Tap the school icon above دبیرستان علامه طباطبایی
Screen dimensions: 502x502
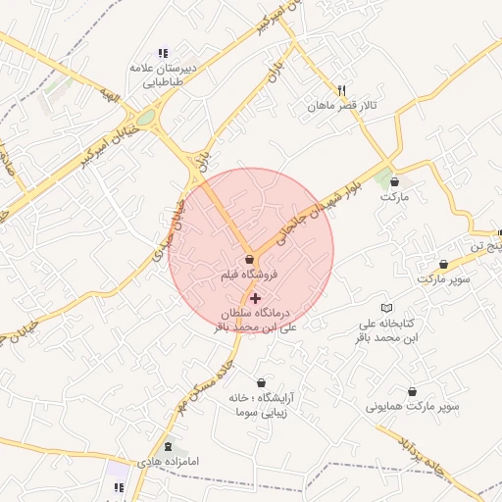(x=163, y=53)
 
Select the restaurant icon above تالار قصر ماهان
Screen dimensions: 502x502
(x=341, y=89)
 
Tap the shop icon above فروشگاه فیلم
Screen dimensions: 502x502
(x=249, y=260)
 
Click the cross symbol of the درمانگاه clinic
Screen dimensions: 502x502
(x=256, y=297)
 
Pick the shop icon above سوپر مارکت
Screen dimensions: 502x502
(x=445, y=264)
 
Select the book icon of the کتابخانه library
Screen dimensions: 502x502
(x=384, y=308)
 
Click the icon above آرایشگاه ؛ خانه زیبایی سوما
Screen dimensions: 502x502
(x=262, y=382)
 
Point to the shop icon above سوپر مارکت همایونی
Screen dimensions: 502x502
(x=412, y=390)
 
